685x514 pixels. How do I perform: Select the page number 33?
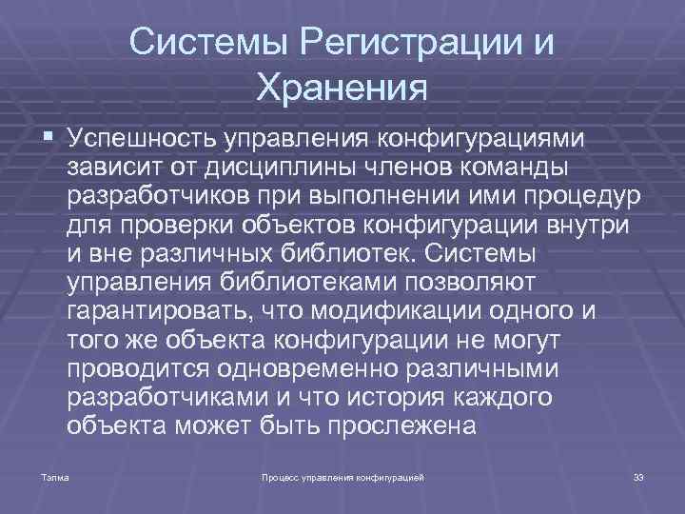pyautogui.click(x=637, y=474)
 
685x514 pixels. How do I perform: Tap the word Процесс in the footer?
pyautogui.click(x=282, y=474)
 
